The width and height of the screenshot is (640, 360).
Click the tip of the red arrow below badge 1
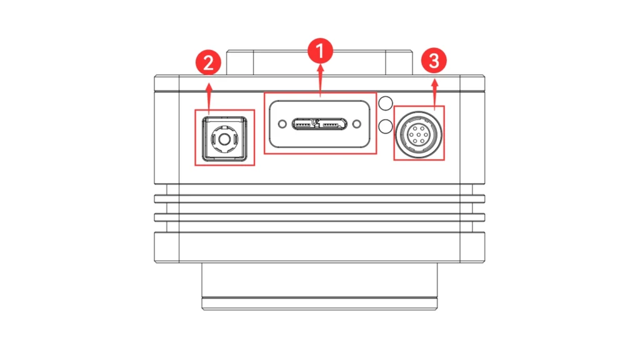pos(321,64)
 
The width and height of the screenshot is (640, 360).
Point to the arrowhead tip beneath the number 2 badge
pos(209,83)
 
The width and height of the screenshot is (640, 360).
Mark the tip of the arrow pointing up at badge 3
pos(435,79)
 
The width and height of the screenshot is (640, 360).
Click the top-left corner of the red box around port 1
pos(264,93)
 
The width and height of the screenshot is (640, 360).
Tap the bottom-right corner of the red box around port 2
pos(254,165)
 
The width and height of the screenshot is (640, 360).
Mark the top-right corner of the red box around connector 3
pos(444,106)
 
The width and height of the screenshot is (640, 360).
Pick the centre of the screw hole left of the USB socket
pos(282,124)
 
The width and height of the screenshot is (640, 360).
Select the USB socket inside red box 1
pos(319,124)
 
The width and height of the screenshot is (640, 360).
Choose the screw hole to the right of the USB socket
pos(357,124)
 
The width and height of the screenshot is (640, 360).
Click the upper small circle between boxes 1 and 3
pos(386,103)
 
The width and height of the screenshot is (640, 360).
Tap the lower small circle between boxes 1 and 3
pos(386,126)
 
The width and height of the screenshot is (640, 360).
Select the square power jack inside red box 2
pos(224,139)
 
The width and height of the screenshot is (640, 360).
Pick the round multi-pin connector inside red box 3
pos(419,134)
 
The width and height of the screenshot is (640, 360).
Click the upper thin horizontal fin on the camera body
pos(319,199)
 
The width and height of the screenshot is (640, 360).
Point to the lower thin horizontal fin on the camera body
pos(319,217)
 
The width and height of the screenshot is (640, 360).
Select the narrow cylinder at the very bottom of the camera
pos(319,304)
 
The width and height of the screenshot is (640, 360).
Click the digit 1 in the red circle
pos(321,51)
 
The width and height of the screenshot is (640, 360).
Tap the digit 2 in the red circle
pos(208,63)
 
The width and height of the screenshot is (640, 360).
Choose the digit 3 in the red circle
pos(434,61)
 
